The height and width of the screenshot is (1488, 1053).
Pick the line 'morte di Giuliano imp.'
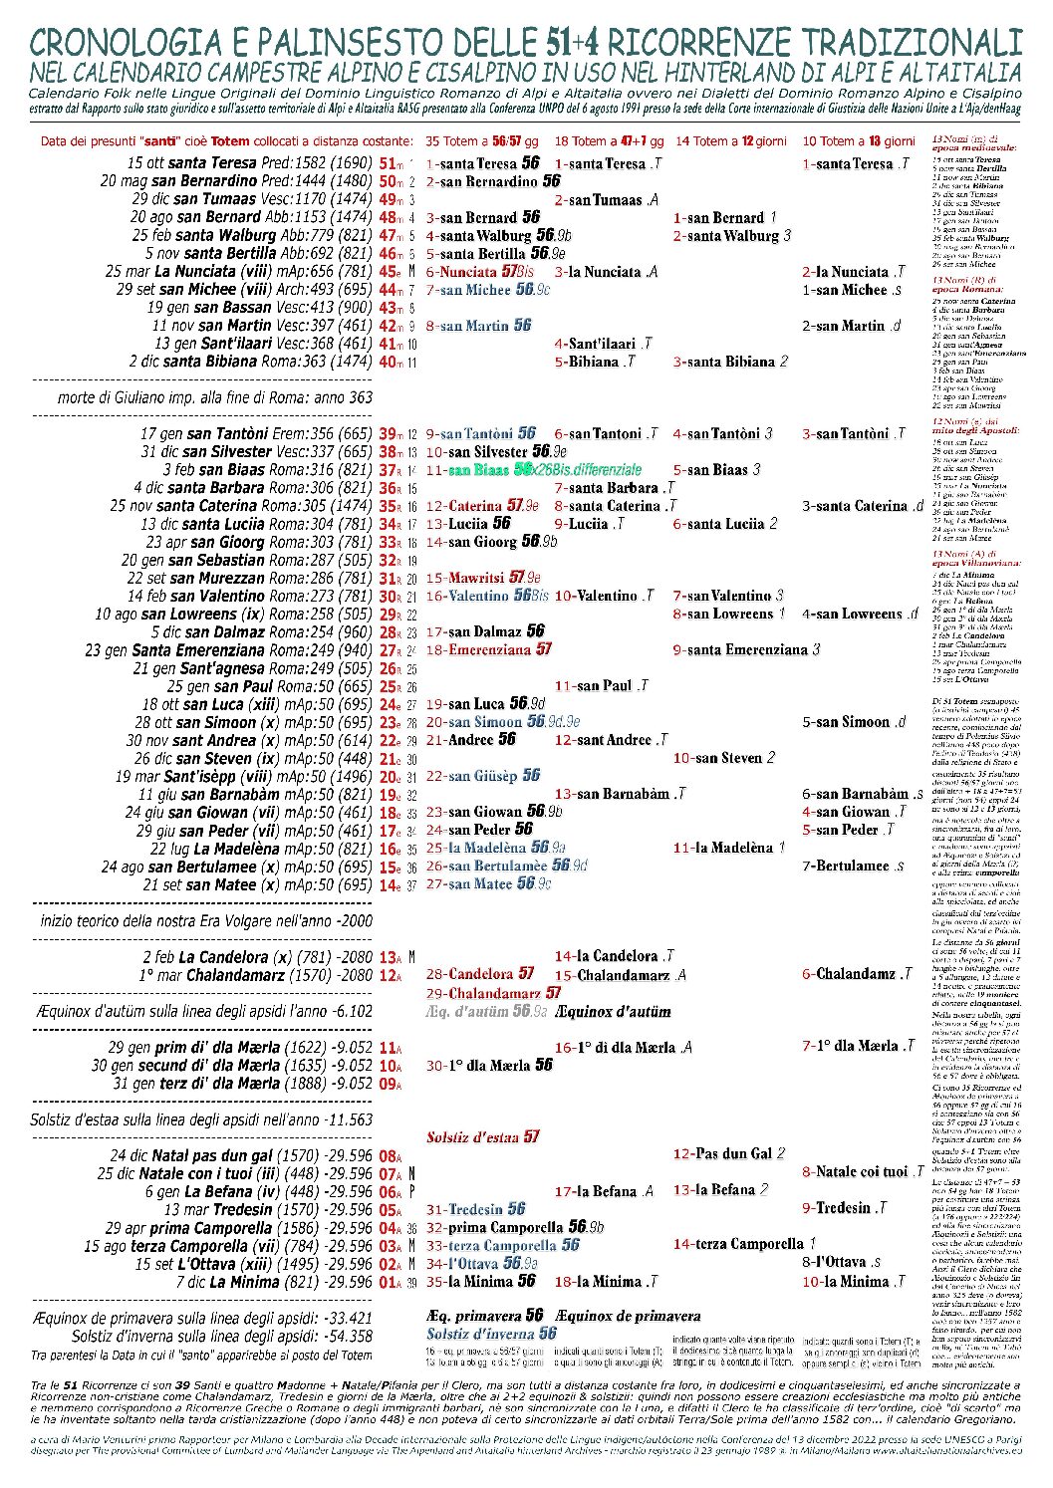pyautogui.click(x=215, y=397)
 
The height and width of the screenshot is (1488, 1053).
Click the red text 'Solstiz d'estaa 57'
pyautogui.click(x=482, y=1136)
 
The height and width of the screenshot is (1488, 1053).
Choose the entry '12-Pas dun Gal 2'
pyautogui.click(x=728, y=1153)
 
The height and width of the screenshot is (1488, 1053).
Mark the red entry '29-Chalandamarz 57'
pyautogui.click(x=493, y=993)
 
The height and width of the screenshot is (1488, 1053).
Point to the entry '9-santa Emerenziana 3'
pyautogui.click(x=746, y=650)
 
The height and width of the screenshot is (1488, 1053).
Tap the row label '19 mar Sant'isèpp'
pyautogui.click(x=251, y=777)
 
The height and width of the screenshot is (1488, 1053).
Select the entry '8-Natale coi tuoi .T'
pyautogui.click(x=863, y=1172)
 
